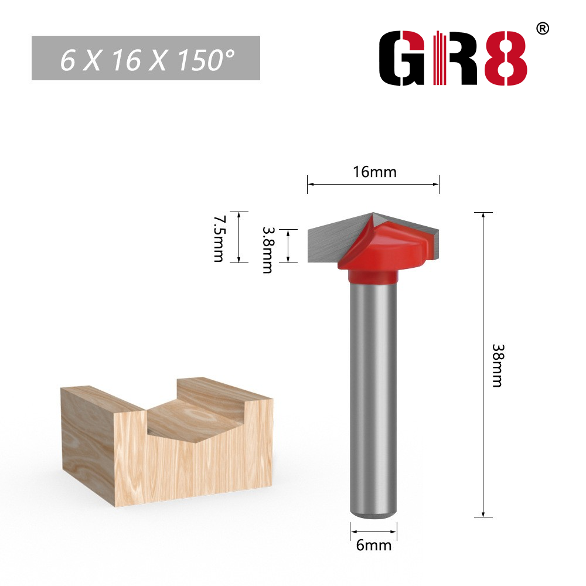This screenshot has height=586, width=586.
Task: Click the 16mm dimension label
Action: (x=374, y=172)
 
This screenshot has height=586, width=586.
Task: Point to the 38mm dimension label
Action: (x=497, y=364)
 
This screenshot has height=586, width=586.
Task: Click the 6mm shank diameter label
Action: (x=373, y=545)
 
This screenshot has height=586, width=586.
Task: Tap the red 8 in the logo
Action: (x=505, y=59)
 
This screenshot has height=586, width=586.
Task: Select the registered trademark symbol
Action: (x=543, y=29)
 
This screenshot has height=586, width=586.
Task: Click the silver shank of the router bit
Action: (x=373, y=398)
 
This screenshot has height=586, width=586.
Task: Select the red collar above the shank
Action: (x=373, y=275)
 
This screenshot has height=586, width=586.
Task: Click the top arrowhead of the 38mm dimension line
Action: (x=483, y=215)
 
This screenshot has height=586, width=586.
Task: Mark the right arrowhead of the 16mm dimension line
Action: (x=436, y=185)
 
